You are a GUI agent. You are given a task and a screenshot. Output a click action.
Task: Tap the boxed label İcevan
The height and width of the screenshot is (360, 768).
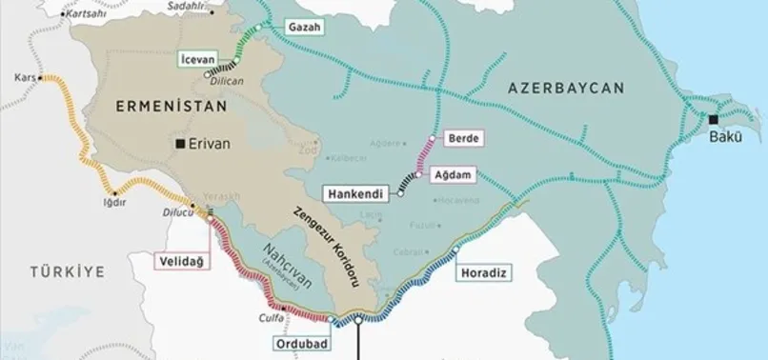coord(197,59)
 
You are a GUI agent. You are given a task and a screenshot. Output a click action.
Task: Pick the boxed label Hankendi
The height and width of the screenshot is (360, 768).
coord(355,193)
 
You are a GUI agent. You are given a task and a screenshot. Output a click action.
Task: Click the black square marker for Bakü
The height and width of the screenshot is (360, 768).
coord(714,119)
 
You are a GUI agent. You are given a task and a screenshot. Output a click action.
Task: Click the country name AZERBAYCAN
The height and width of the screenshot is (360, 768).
coord(566,88)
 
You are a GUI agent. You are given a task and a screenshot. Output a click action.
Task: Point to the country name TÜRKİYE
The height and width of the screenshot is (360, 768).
coord(66,272)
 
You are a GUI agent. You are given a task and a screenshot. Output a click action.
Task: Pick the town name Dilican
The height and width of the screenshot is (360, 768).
coord(229,81)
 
